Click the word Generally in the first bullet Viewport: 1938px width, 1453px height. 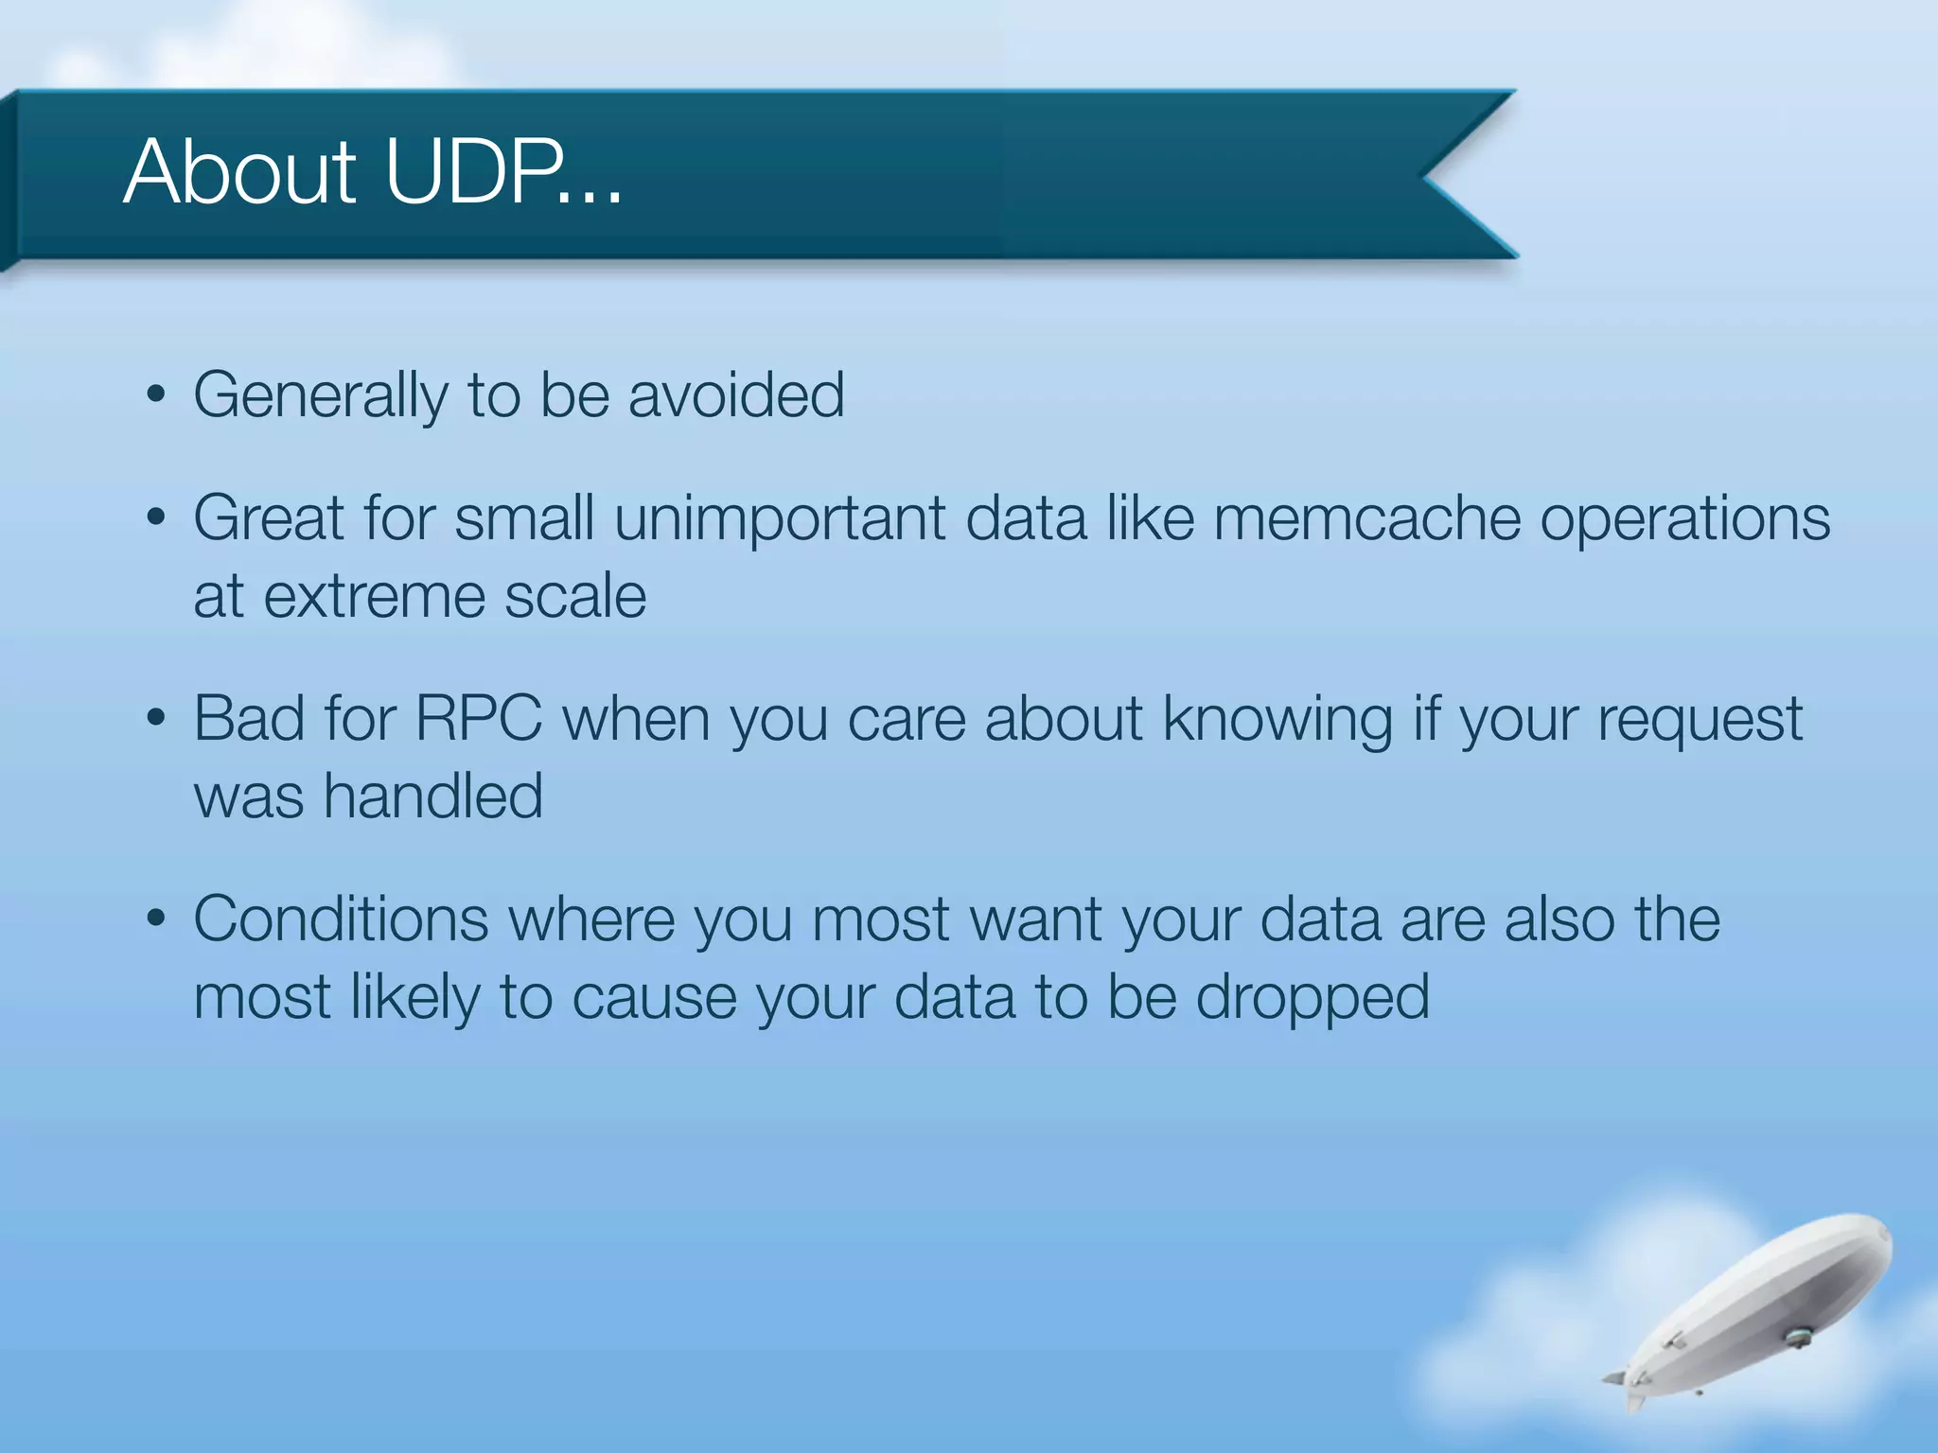coord(320,395)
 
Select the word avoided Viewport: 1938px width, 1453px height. coord(736,395)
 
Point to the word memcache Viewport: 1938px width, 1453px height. coord(1365,518)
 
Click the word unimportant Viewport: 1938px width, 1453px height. coord(780,518)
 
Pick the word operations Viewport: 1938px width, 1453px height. coord(1684,520)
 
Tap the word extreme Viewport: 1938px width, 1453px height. coord(375,596)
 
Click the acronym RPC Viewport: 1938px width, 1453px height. coord(479,719)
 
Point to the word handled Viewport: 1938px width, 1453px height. coord(433,796)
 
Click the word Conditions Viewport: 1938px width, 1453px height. coord(341,919)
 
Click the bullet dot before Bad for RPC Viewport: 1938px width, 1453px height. coord(157,719)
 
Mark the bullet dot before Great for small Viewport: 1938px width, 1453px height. coord(157,518)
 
